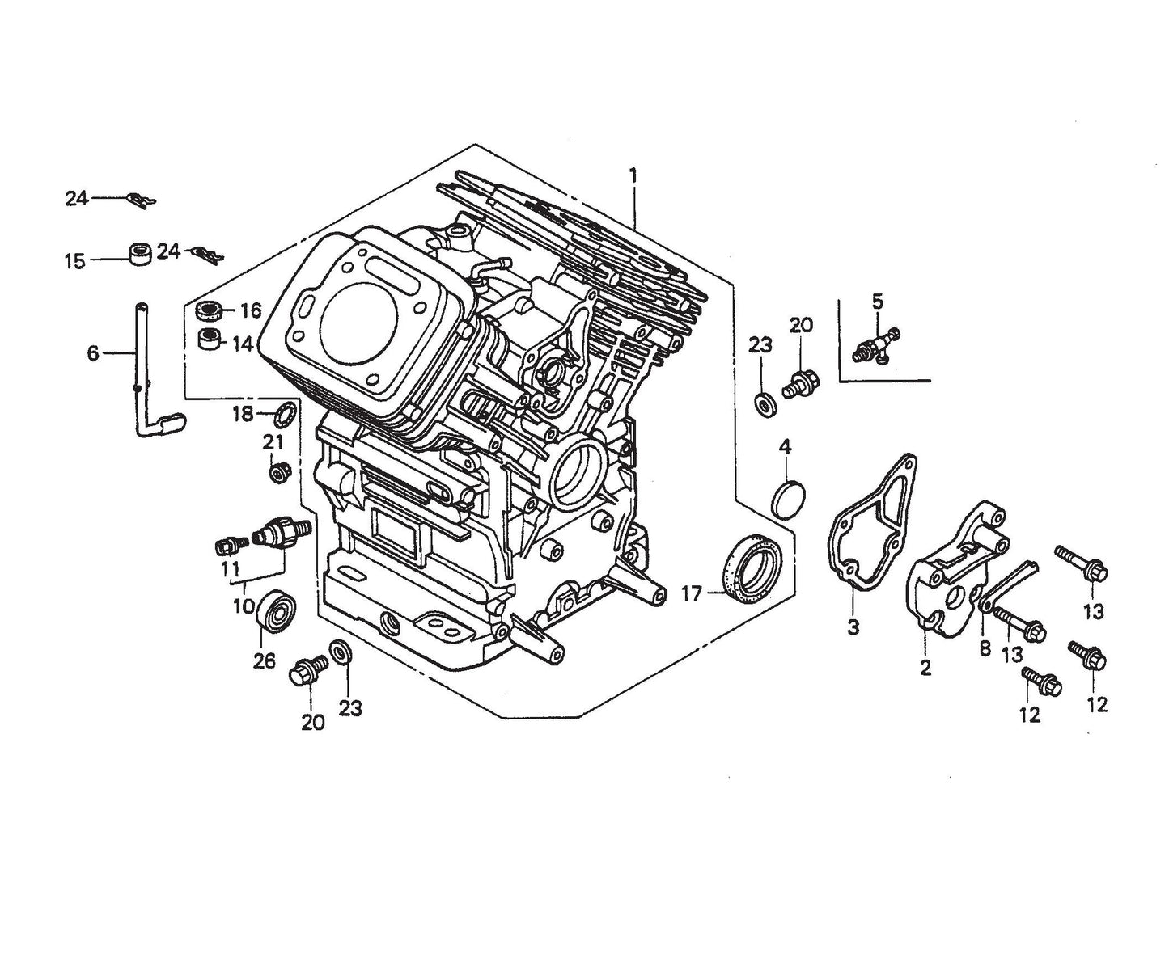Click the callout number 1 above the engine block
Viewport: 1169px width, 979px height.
[x=633, y=175]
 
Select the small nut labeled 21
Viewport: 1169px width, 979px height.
[x=277, y=471]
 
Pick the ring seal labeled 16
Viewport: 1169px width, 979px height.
[x=210, y=310]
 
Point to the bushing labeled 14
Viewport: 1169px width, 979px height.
[x=210, y=338]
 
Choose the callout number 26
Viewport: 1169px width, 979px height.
[x=264, y=661]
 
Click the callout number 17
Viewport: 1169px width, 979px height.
[x=693, y=595]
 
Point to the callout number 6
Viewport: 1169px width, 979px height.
[x=93, y=353]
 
